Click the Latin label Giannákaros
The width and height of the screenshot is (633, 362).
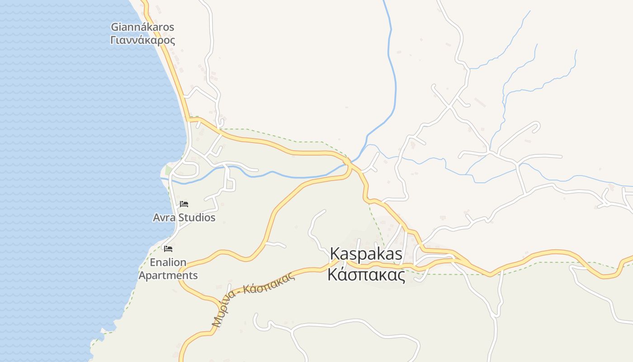click(142, 27)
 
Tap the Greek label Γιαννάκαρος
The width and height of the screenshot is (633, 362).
click(142, 40)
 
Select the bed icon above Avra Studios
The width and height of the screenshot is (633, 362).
click(184, 204)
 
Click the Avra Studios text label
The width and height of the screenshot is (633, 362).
click(184, 218)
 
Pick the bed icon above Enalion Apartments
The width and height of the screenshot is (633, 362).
click(168, 248)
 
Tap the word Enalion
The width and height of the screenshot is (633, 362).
click(168, 262)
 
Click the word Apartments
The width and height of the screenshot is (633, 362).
click(168, 275)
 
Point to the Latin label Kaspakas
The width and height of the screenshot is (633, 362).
click(366, 254)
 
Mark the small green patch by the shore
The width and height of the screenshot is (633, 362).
click(169, 170)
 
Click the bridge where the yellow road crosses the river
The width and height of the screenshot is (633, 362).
click(348, 162)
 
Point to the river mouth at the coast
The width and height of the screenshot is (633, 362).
click(164, 178)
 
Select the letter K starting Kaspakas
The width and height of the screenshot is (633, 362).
click(335, 254)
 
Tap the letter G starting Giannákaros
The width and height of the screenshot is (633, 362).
click(115, 27)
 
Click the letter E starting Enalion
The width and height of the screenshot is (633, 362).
click(153, 262)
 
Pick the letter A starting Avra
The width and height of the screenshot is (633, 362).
click(157, 218)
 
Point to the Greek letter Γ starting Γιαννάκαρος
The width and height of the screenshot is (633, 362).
click(113, 40)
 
